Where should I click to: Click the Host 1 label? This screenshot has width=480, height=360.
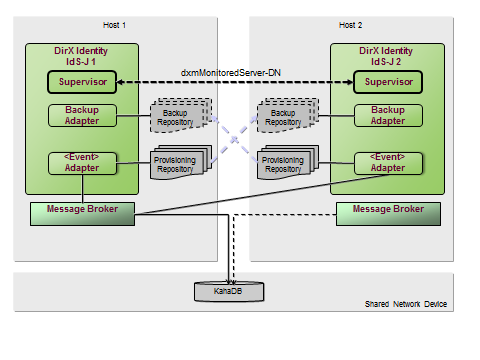click(116, 24)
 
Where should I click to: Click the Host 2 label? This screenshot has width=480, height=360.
click(352, 24)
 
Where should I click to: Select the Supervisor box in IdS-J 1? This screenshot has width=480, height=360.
click(83, 82)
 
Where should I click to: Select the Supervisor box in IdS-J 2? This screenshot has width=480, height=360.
click(388, 82)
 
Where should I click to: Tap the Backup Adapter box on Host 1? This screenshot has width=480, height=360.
click(83, 115)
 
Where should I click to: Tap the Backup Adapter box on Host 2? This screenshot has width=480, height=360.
click(388, 115)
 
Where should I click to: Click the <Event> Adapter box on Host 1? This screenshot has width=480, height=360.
click(83, 162)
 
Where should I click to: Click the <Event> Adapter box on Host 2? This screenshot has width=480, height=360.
click(388, 162)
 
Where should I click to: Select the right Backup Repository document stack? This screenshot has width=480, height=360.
click(285, 118)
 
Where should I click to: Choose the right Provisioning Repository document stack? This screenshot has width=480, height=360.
click(285, 164)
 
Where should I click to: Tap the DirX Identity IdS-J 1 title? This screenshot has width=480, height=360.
click(83, 56)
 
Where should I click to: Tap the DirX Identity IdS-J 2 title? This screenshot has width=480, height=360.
click(388, 56)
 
